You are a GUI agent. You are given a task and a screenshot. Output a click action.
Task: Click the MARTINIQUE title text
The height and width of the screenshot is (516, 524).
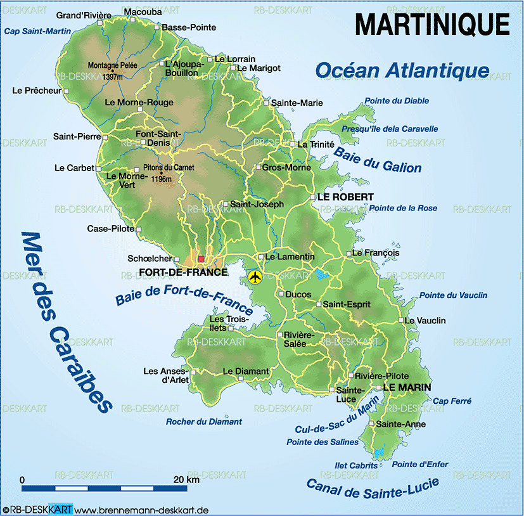(432, 25)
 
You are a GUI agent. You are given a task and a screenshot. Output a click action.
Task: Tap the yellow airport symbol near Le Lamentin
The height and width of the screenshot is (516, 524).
(255, 277)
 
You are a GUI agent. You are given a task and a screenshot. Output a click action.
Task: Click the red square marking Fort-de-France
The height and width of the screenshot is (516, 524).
(201, 259)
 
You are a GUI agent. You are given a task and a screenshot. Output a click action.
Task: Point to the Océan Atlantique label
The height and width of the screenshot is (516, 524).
(402, 70)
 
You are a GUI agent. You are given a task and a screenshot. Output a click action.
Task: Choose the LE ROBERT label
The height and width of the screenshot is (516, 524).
(345, 197)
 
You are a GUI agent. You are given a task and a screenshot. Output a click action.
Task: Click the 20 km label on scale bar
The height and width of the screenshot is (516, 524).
(187, 479)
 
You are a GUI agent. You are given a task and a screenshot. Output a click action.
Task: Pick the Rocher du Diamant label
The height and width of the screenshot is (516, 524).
(204, 422)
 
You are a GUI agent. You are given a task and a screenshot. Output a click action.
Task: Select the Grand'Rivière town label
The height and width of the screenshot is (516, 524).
(84, 15)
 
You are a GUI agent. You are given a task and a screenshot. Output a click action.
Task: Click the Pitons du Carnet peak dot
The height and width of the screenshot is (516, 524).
(162, 173)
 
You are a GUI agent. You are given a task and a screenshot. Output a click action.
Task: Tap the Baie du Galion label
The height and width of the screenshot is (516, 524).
(377, 159)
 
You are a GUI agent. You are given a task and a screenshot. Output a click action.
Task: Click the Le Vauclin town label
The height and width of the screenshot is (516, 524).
(425, 321)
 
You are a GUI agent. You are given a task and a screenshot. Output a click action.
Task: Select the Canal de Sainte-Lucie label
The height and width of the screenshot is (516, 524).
(372, 489)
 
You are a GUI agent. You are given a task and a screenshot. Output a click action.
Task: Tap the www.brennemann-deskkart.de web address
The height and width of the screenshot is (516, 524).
(142, 510)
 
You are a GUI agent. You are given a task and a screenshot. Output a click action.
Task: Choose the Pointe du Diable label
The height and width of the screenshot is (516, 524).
(397, 101)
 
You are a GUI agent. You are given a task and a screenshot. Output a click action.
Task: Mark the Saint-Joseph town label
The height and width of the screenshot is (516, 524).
(257, 204)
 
